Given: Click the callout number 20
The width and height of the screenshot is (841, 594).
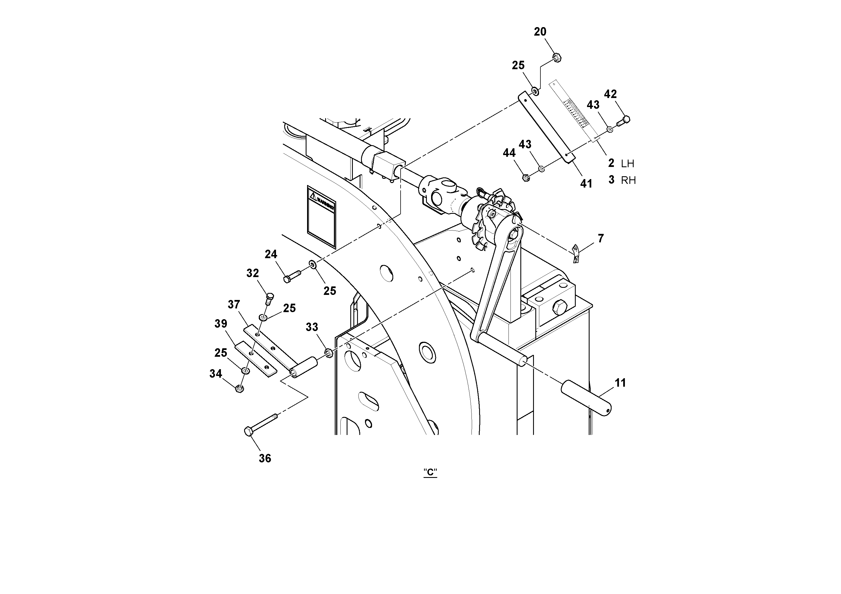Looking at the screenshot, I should (540, 32).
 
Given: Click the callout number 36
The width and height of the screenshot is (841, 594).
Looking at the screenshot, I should (265, 458).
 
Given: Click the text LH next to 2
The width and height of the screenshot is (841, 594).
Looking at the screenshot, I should (627, 164).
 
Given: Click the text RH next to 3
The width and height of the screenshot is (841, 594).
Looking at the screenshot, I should (628, 180).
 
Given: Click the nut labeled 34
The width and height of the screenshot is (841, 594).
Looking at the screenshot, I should (239, 388).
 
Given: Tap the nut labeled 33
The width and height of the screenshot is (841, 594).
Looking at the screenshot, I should (329, 353).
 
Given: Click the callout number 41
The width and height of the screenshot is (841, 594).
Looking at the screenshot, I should (586, 184).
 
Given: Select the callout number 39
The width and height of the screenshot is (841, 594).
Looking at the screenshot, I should (221, 324).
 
